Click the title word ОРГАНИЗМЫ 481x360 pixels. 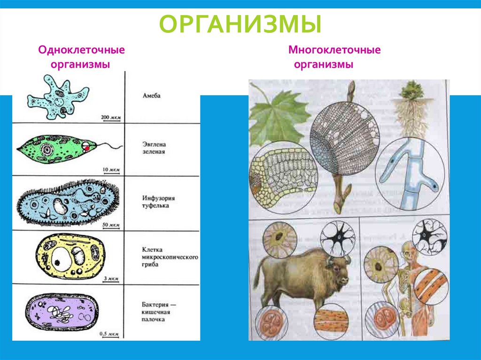pos(240,24)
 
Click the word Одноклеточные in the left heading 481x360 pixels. pos(81,49)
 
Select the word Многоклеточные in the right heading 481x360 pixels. pos(334,49)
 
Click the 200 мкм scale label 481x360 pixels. pos(110,116)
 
